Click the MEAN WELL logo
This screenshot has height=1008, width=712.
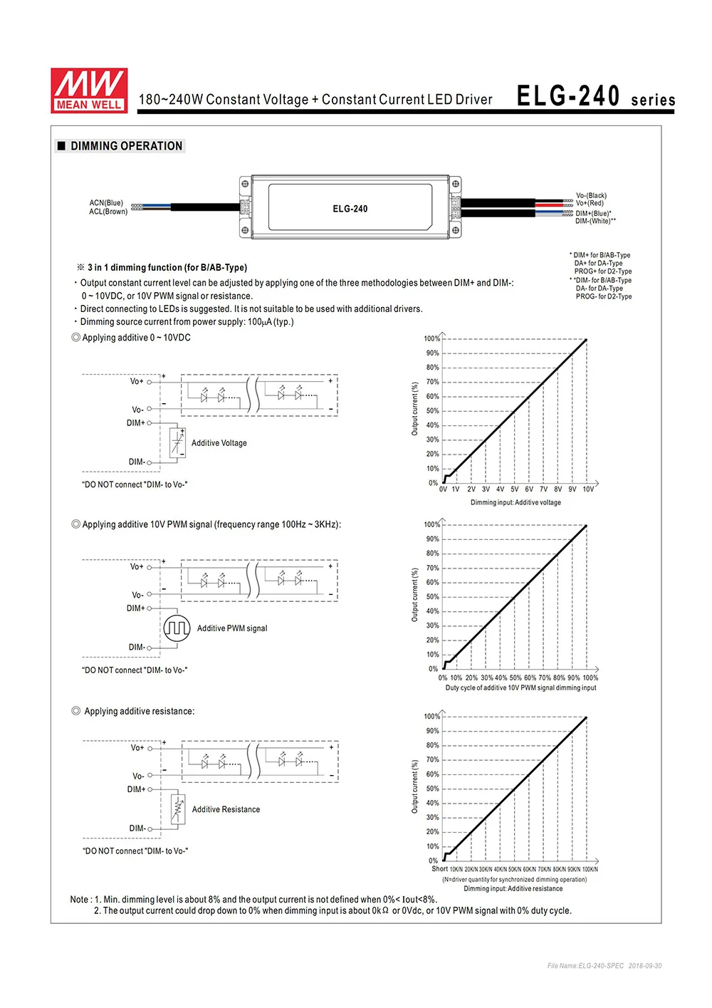pyautogui.click(x=89, y=90)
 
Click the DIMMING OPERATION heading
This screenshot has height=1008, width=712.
pyautogui.click(x=126, y=146)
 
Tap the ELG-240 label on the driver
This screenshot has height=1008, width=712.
pyautogui.click(x=350, y=209)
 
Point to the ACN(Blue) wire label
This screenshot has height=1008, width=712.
pyautogui.click(x=106, y=203)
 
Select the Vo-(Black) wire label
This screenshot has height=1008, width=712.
pyautogui.click(x=591, y=195)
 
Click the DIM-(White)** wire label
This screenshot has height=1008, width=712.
pyautogui.click(x=595, y=221)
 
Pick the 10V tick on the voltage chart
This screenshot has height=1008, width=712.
pyautogui.click(x=588, y=489)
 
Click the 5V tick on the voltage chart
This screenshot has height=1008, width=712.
pyautogui.click(x=514, y=489)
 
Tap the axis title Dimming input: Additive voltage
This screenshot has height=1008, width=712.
pyautogui.click(x=515, y=502)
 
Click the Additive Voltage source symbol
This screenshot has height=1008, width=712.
pyautogui.click(x=177, y=443)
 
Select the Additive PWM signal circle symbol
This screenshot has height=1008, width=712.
pyautogui.click(x=177, y=628)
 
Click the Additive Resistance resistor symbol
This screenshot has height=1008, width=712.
pyautogui.click(x=178, y=809)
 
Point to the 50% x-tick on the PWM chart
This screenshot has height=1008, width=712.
pyautogui.click(x=515, y=677)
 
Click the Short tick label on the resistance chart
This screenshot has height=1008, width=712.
pyautogui.click(x=439, y=869)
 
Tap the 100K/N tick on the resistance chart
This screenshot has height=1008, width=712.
pyautogui.click(x=590, y=869)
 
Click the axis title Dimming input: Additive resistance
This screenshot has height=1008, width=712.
pyautogui.click(x=513, y=888)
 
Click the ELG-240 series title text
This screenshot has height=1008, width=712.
pyautogui.click(x=595, y=97)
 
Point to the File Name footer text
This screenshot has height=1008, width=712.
pyautogui.click(x=604, y=966)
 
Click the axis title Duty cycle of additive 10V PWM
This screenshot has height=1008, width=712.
pyautogui.click(x=520, y=687)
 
